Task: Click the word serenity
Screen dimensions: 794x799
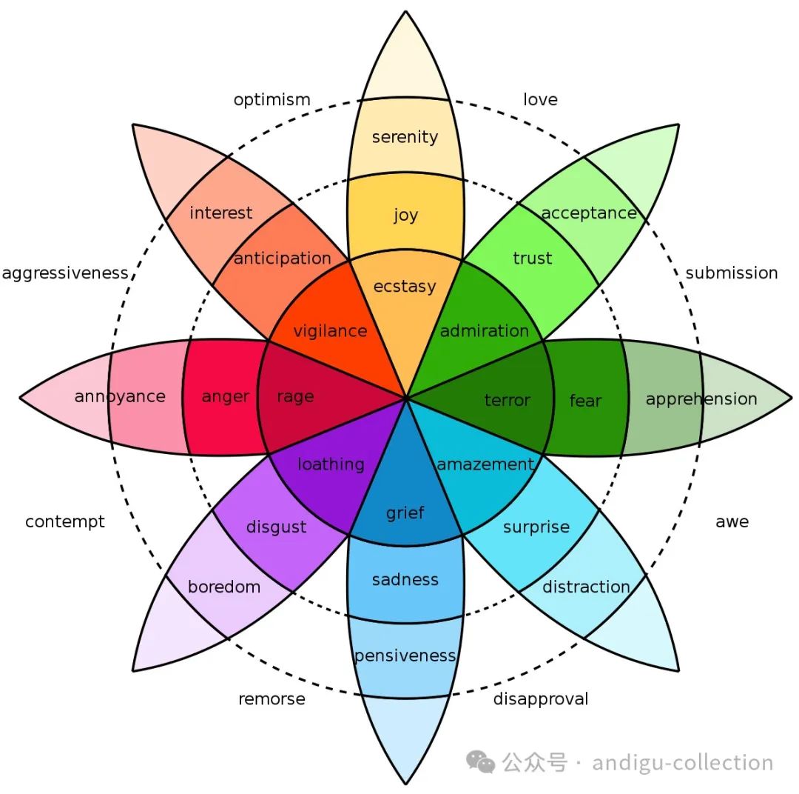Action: (x=405, y=137)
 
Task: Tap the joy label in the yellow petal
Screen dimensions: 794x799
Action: (x=405, y=216)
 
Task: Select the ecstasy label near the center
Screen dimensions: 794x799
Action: (x=405, y=287)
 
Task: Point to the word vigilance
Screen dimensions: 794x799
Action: (x=330, y=331)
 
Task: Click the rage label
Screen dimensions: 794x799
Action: (x=295, y=397)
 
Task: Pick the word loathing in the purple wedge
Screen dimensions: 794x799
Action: (x=331, y=464)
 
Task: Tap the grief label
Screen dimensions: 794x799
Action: (x=405, y=513)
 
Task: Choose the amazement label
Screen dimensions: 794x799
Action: (x=485, y=464)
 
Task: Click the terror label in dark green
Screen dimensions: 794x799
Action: (x=507, y=401)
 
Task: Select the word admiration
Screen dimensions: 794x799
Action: (x=485, y=331)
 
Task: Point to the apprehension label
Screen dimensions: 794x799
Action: (x=701, y=399)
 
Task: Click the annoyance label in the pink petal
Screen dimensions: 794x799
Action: (x=120, y=396)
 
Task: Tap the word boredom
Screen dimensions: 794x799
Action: (x=224, y=587)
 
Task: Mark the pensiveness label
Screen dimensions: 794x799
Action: (x=405, y=655)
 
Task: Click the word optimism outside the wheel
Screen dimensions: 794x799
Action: (x=272, y=100)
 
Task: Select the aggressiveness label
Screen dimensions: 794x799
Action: (x=65, y=273)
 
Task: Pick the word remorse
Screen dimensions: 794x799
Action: (x=272, y=699)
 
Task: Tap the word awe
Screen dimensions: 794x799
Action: (x=732, y=521)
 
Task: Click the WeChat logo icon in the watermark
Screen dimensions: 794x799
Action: (x=481, y=762)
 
